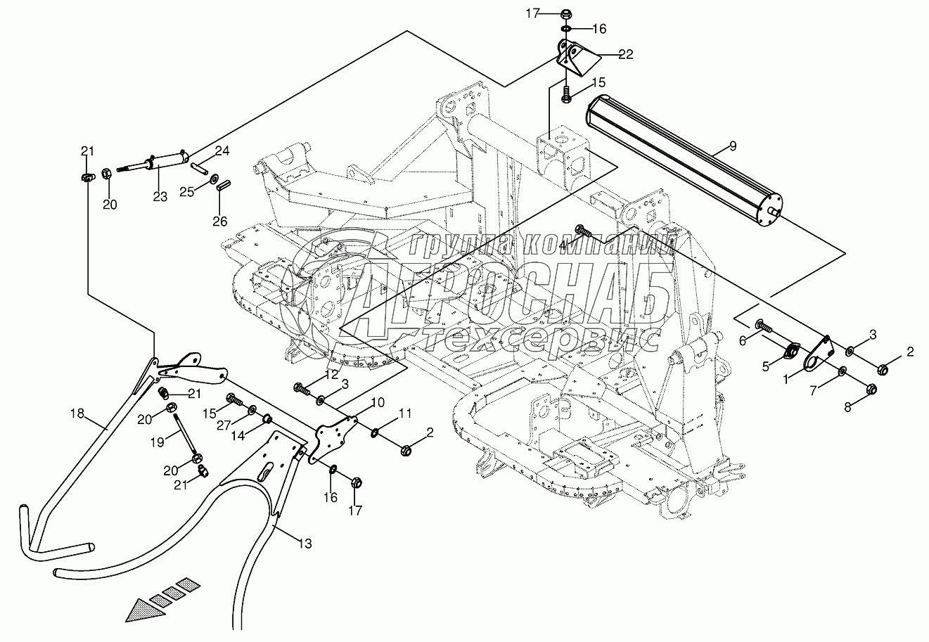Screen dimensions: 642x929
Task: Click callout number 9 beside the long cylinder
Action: [x=732, y=146]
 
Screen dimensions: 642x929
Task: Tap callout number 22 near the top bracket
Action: [x=626, y=54]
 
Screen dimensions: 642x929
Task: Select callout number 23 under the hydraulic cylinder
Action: [x=160, y=198]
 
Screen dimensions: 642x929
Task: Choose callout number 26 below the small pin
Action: [x=220, y=221]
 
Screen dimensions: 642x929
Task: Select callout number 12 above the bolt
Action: [x=332, y=374]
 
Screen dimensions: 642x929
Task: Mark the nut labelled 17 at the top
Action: [x=567, y=14]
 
